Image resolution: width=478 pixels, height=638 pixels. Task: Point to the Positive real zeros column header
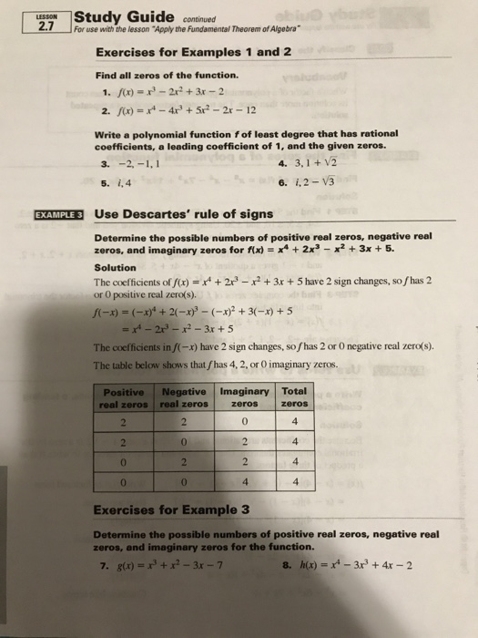click(x=125, y=398)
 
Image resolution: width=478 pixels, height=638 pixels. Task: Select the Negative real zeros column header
click(x=184, y=398)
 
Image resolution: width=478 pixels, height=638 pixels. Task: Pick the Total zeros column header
click(x=293, y=398)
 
